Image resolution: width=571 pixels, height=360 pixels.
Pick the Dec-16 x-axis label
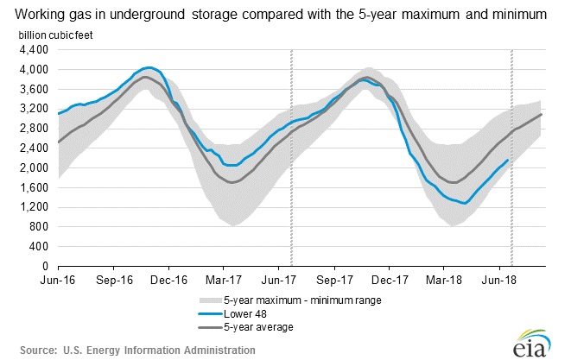169,281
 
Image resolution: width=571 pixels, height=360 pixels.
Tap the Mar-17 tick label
224,281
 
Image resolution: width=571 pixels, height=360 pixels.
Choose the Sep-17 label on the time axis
334,281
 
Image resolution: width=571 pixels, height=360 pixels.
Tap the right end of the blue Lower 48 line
507,159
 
